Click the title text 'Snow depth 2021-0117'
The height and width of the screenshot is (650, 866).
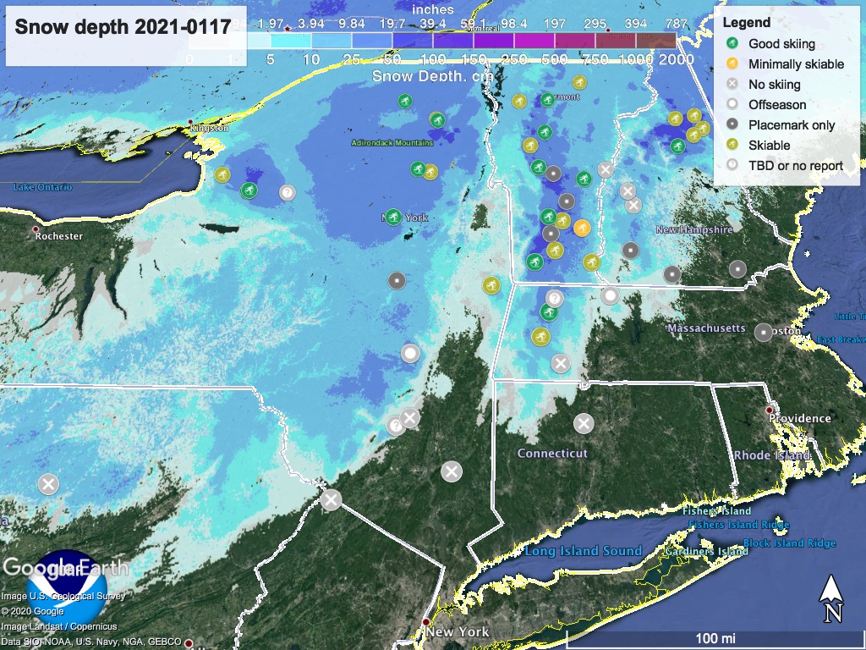click(123, 27)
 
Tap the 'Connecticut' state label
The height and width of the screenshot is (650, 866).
click(552, 454)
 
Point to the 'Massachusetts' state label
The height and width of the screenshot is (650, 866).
click(706, 328)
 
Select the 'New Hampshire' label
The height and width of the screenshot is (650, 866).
click(695, 229)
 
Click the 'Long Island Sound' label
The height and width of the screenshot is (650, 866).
click(583, 551)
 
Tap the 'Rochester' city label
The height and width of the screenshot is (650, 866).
click(58, 236)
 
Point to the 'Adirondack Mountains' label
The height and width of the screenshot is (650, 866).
click(392, 143)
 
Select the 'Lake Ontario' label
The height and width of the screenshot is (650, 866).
click(42, 187)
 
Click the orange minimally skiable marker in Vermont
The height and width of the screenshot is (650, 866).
click(582, 227)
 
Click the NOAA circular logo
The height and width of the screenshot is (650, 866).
click(67, 589)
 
